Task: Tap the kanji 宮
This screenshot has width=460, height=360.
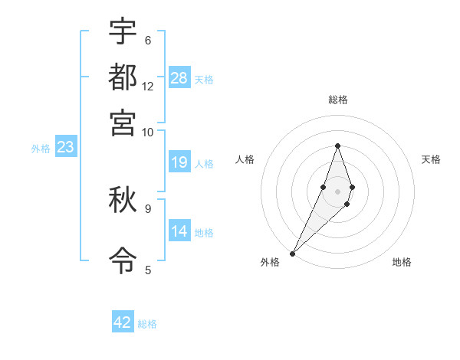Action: (x=123, y=123)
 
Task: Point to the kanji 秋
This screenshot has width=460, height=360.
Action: (x=123, y=200)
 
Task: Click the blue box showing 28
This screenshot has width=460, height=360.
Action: (x=179, y=78)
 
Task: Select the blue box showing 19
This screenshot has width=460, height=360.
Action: (x=179, y=162)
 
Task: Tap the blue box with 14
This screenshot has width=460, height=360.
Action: (x=179, y=231)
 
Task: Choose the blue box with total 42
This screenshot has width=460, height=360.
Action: (x=123, y=322)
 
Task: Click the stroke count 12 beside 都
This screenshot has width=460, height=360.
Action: (x=148, y=86)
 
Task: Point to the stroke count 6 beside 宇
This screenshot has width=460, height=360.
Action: (x=147, y=40)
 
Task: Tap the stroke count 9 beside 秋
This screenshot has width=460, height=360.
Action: (x=147, y=208)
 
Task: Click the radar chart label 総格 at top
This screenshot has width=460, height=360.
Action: (x=337, y=100)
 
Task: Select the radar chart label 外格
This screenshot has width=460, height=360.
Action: (x=270, y=262)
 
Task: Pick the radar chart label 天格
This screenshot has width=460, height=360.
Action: (x=431, y=159)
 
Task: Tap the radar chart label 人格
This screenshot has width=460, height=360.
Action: (x=245, y=159)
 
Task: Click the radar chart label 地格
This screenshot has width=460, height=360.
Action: (x=402, y=262)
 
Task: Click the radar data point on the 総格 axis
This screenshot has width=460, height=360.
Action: (x=337, y=146)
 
